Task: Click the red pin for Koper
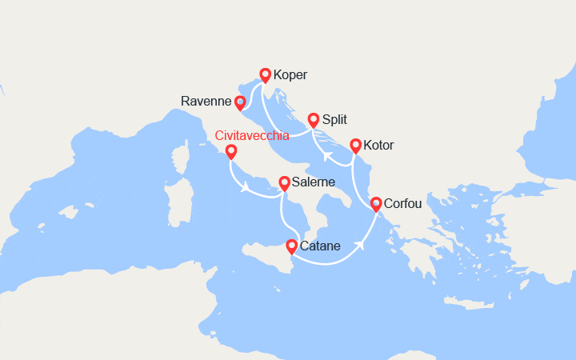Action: [x=265, y=75]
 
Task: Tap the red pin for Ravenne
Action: [x=239, y=102]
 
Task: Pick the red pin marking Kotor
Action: [x=354, y=146]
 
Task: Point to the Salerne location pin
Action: [x=284, y=182]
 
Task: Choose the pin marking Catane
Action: [x=291, y=246]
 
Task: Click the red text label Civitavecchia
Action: [x=253, y=135]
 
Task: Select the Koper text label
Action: [x=290, y=76]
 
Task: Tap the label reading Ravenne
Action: [x=206, y=102]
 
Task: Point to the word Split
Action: [x=334, y=120]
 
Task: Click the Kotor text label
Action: [x=378, y=146]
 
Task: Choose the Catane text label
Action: [x=322, y=247]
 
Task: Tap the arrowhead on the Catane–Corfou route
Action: [x=360, y=244]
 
